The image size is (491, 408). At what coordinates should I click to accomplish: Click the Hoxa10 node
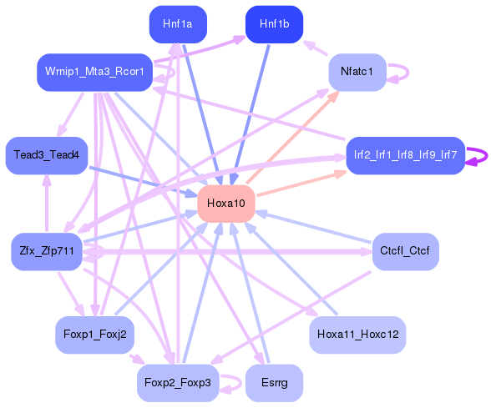(x=226, y=204)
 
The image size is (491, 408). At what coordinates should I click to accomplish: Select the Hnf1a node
(x=178, y=24)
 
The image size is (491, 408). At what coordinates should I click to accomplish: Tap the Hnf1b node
(x=274, y=24)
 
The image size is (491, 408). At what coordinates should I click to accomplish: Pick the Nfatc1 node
(x=357, y=73)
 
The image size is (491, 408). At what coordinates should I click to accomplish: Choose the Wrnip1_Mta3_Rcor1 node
(x=94, y=73)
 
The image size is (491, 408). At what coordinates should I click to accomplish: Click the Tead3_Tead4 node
(x=47, y=155)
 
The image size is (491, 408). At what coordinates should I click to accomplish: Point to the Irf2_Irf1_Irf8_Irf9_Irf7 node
(x=406, y=155)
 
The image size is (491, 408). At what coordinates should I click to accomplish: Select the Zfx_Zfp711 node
(x=47, y=252)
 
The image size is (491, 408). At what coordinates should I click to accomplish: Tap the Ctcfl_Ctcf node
(x=406, y=252)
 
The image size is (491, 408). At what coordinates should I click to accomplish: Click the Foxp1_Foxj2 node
(x=95, y=335)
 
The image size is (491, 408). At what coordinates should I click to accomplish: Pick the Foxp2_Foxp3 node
(x=178, y=383)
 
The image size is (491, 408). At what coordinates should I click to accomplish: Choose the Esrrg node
(x=274, y=383)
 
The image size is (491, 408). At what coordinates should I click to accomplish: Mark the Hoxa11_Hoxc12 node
(x=357, y=335)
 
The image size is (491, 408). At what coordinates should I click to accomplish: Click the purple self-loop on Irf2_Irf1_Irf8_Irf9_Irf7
(x=487, y=155)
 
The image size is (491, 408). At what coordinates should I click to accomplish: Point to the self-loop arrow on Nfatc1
(x=408, y=73)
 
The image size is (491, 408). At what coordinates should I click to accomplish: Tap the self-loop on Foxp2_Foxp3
(x=240, y=383)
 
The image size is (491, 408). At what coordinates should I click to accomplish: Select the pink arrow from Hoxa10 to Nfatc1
(x=293, y=137)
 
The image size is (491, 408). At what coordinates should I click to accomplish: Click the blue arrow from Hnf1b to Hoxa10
(x=250, y=114)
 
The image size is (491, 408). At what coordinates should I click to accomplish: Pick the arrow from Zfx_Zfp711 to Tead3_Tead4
(x=47, y=203)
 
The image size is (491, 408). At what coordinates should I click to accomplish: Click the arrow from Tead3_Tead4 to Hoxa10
(x=144, y=182)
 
